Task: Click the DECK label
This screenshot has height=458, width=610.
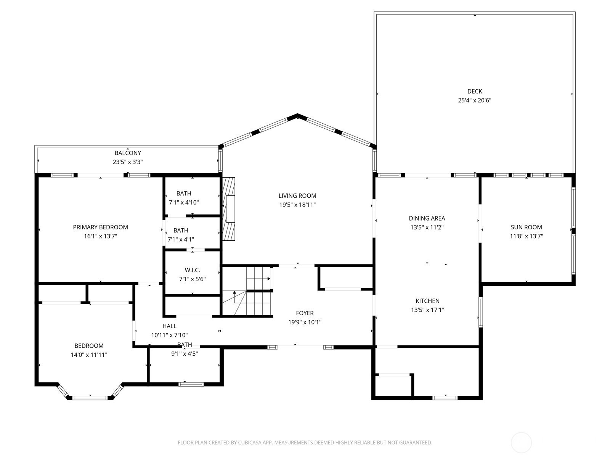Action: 474,91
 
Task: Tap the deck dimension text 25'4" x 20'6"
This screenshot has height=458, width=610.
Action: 474,100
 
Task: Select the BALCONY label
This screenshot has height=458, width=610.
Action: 128,153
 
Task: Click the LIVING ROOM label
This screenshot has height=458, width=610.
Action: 297,196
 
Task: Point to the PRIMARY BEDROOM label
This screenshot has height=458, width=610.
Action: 100,227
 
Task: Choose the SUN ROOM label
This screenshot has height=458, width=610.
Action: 527,227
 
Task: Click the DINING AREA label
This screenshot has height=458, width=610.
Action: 427,218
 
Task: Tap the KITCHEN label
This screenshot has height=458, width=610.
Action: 427,301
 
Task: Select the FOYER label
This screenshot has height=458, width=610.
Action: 305,313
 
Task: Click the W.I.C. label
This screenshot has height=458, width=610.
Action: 192,270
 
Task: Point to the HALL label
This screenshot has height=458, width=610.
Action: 169,326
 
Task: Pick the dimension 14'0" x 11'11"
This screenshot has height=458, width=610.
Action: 89,355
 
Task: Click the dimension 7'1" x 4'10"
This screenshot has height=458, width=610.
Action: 184,202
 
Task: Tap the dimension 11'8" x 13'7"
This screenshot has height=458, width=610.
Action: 527,236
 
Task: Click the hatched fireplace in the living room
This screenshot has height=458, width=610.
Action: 229,209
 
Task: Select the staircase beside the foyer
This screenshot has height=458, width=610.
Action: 247,291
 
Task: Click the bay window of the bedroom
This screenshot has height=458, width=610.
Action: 90,392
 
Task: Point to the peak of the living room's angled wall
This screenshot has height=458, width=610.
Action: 297,114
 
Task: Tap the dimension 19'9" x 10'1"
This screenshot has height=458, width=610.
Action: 305,322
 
